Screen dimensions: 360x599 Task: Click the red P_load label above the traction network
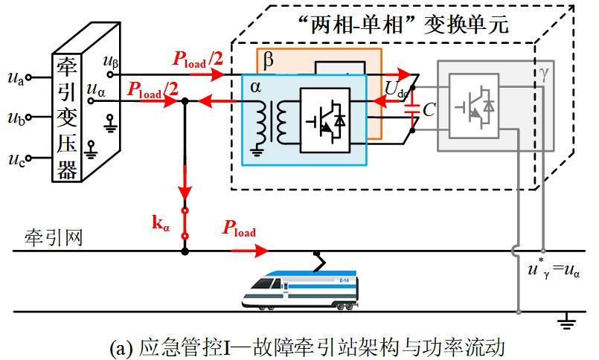point(239,228)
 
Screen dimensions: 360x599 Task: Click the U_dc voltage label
point(396,90)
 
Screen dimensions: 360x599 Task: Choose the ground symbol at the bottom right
point(567,321)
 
